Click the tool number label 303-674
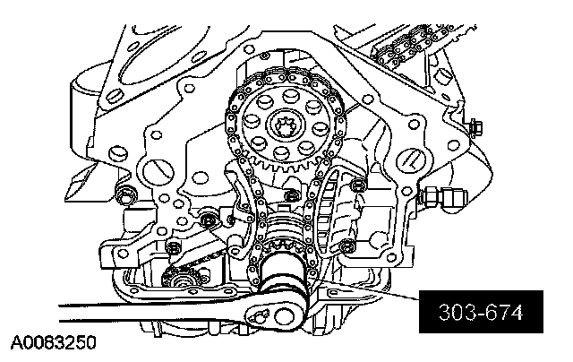pyautogui.click(x=481, y=313)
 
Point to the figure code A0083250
pyautogui.click(x=54, y=343)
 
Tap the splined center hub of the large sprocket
pyautogui.click(x=286, y=127)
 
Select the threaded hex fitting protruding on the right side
pyautogui.click(x=442, y=197)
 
